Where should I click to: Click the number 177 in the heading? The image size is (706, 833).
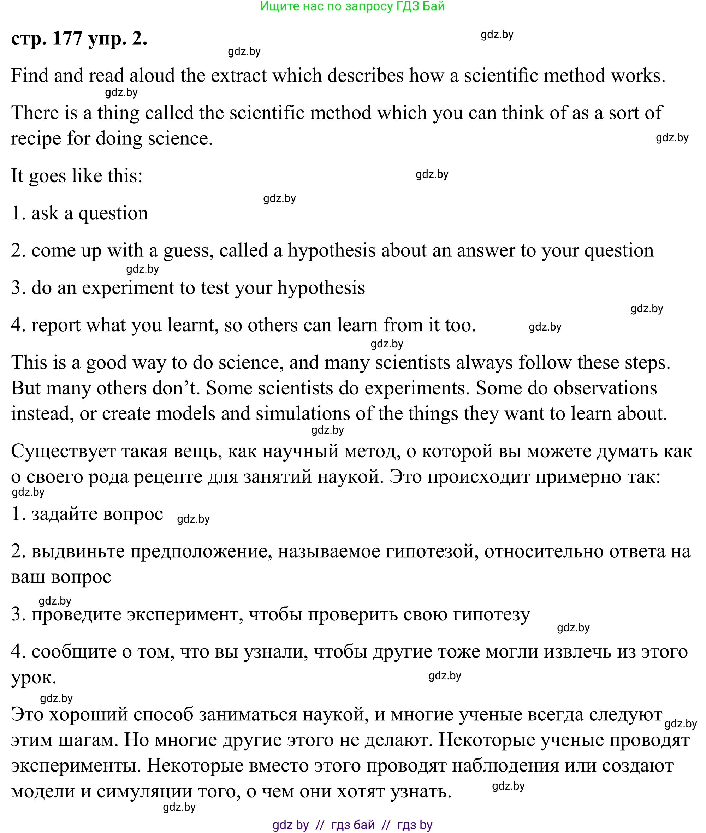click(67, 39)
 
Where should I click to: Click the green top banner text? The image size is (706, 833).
click(352, 6)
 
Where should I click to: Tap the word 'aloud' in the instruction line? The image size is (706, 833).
click(152, 76)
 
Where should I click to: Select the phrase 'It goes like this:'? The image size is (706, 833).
click(77, 175)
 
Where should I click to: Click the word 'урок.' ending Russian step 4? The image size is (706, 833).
click(34, 678)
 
